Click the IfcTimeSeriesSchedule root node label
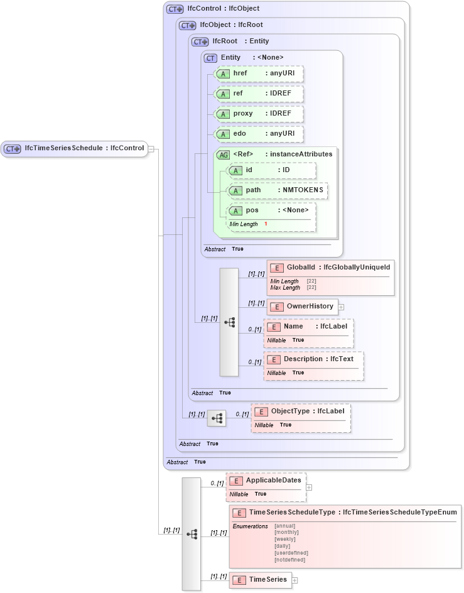63,149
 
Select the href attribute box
259,73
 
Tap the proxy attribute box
259,114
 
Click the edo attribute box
259,134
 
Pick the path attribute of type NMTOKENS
277,190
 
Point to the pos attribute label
252,210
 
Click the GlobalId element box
330,268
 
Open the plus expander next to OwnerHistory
342,307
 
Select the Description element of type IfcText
313,359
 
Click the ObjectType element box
300,411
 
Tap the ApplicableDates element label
273,481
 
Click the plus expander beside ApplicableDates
309,487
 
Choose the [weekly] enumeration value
285,539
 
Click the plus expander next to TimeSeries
295,580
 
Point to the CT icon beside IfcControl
175,9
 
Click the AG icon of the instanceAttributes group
223,155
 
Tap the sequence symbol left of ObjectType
217,418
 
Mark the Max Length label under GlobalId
285,288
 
